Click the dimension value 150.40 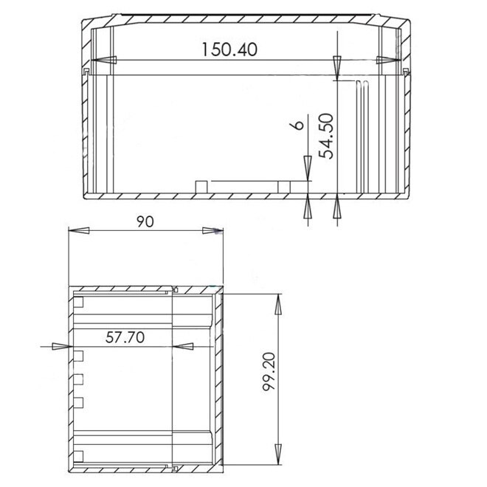click(x=231, y=50)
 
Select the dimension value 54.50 click(x=327, y=135)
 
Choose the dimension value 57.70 click(x=124, y=338)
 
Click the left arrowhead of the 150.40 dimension click(x=103, y=60)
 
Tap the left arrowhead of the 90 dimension click(x=78, y=231)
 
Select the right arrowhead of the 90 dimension click(x=213, y=231)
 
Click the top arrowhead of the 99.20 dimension click(x=278, y=303)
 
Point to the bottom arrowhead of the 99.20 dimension click(x=278, y=457)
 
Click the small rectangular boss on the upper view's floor click(x=200, y=184)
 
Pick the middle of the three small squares click(x=79, y=379)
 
